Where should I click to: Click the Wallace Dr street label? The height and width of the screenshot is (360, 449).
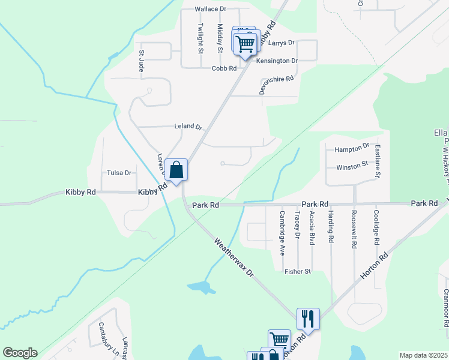210,9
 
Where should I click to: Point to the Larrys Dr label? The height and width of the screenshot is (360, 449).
282,43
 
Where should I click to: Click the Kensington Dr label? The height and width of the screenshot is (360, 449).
277,61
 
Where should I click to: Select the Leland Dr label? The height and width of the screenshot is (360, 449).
188,126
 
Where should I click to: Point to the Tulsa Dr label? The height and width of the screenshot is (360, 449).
119,173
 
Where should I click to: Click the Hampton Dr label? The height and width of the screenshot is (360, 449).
352,148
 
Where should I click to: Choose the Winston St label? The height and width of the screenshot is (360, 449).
352,166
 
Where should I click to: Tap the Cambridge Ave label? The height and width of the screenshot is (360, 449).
282,233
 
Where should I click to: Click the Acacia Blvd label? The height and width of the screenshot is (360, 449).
312,228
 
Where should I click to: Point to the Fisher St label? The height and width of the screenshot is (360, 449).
298,271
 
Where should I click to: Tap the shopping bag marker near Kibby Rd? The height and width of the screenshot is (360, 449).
176,170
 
